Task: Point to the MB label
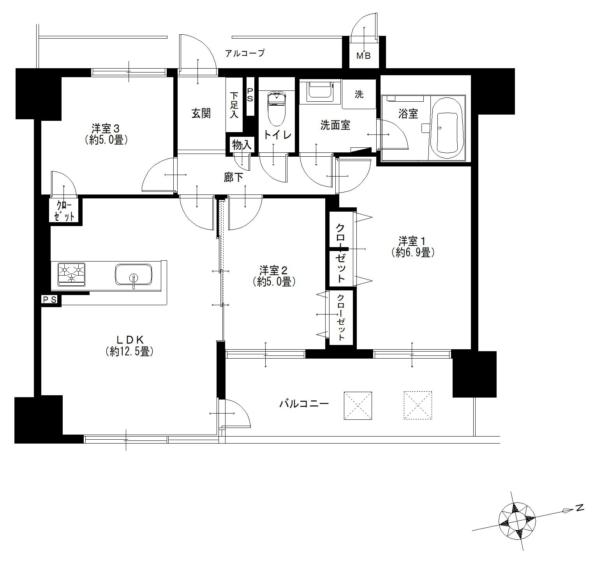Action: click(364, 56)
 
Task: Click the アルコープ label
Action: click(245, 53)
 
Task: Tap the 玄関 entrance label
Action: click(201, 113)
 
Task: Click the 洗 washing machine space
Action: click(359, 94)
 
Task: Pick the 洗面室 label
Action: click(335, 125)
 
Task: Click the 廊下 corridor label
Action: click(234, 178)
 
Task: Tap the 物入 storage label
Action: click(242, 145)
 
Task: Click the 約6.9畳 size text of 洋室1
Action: click(413, 253)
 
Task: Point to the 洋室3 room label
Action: click(105, 128)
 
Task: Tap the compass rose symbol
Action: click(517, 520)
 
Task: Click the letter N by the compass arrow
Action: click(579, 508)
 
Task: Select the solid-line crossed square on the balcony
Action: click(358, 405)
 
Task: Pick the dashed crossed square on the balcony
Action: click(418, 405)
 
